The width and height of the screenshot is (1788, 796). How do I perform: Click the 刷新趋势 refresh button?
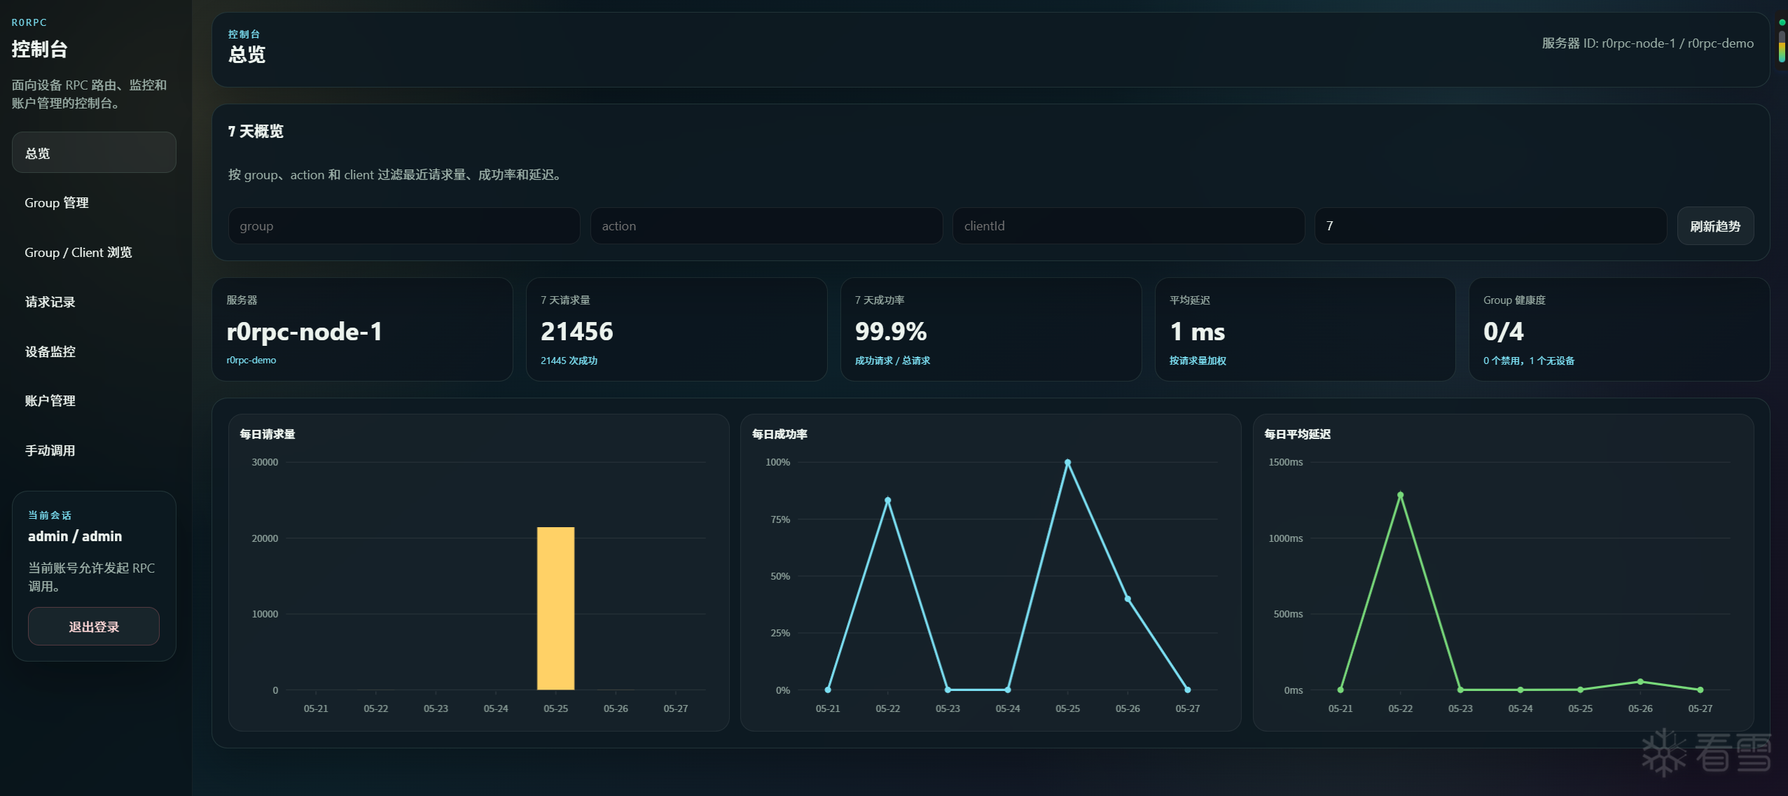tap(1714, 226)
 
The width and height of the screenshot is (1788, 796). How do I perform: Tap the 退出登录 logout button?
tap(94, 627)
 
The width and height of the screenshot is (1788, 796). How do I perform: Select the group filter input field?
tap(404, 226)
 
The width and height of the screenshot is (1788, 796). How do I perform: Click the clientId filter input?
tap(1128, 226)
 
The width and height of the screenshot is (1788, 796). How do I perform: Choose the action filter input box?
tap(766, 226)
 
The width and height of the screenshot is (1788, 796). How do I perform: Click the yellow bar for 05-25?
tap(555, 608)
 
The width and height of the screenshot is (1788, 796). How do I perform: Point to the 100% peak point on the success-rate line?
tap(1067, 463)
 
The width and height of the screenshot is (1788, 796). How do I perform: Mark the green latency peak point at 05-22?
tap(1400, 495)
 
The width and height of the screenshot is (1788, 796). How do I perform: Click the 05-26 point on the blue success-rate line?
tap(1128, 599)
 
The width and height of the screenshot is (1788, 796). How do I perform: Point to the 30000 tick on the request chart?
tap(265, 462)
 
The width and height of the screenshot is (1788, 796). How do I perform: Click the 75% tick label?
tap(780, 519)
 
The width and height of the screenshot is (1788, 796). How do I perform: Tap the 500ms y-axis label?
tap(1288, 614)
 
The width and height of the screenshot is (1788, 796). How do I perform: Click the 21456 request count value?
tap(577, 332)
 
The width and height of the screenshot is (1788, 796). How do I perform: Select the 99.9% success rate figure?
tap(891, 332)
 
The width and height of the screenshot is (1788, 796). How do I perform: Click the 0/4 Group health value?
tap(1504, 332)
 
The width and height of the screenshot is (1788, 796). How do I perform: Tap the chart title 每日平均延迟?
tap(1298, 434)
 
